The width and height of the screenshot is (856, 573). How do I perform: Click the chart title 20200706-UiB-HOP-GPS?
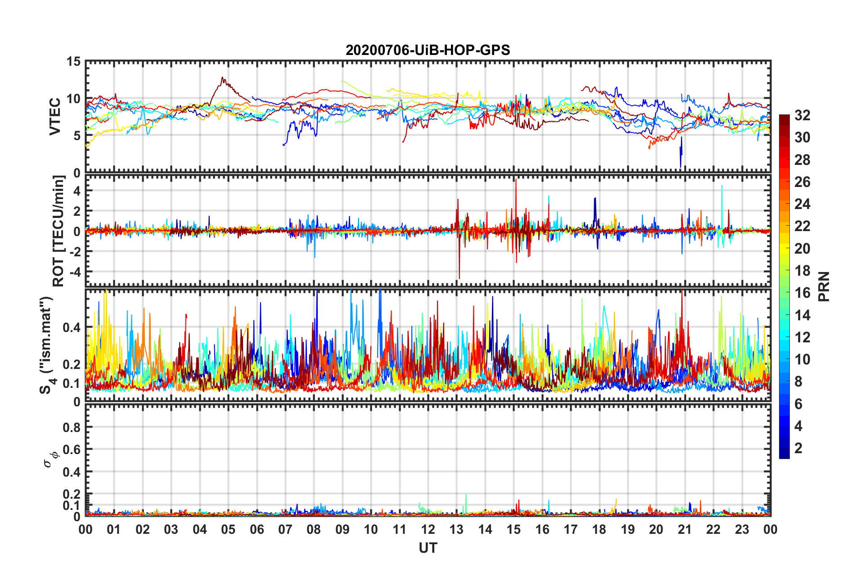pyautogui.click(x=428, y=50)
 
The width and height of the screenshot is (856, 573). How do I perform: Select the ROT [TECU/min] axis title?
pyautogui.click(x=59, y=231)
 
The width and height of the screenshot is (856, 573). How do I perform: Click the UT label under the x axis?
pyautogui.click(x=428, y=548)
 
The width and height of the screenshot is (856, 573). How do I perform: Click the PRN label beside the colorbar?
pyautogui.click(x=824, y=286)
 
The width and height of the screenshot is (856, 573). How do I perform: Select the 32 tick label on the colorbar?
pyautogui.click(x=802, y=116)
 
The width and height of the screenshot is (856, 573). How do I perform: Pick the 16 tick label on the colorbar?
pyautogui.click(x=802, y=293)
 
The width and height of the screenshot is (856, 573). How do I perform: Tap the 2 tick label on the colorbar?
pyautogui.click(x=798, y=448)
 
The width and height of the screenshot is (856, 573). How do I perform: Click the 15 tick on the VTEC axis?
pyautogui.click(x=73, y=62)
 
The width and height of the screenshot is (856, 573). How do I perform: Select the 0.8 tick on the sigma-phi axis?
pyautogui.click(x=72, y=427)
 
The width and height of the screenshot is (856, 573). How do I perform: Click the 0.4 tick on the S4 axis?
pyautogui.click(x=72, y=327)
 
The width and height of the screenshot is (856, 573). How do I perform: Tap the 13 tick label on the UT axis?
pyautogui.click(x=456, y=530)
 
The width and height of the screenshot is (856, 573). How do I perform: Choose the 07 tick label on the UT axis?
pyautogui.click(x=285, y=530)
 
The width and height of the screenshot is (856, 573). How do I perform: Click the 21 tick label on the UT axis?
pyautogui.click(x=685, y=530)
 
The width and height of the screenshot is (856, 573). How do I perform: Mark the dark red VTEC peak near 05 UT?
pyautogui.click(x=222, y=78)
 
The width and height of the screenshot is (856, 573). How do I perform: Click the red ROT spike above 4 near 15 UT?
pyautogui.click(x=516, y=180)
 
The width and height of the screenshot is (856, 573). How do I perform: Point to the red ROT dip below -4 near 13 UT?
pyautogui.click(x=459, y=278)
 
